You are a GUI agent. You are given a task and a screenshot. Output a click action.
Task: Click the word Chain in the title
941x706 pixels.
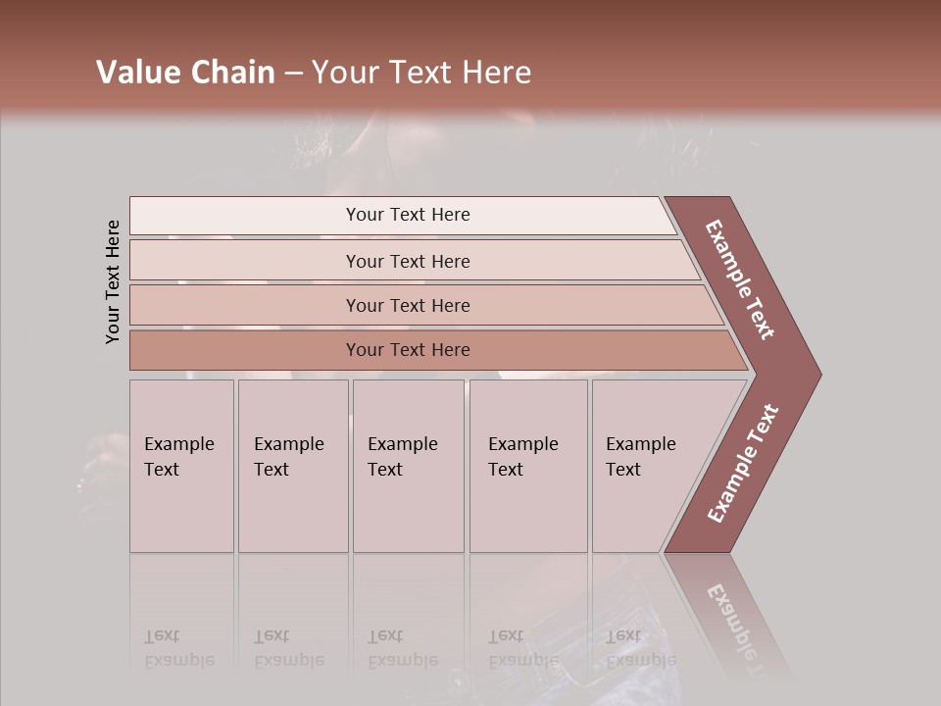pos(231,73)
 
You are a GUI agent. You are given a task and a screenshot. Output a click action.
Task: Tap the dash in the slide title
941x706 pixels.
pos(293,74)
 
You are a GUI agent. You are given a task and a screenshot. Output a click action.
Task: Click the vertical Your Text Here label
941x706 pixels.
pos(113,281)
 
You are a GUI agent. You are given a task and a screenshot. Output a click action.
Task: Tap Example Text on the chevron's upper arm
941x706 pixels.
pos(740,279)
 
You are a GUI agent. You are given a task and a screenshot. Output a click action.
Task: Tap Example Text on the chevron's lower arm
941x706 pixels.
pos(743,464)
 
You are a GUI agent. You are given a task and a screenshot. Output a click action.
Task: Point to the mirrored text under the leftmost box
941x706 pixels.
pos(178,648)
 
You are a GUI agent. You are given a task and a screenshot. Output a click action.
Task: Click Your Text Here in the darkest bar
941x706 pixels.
pos(408,350)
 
